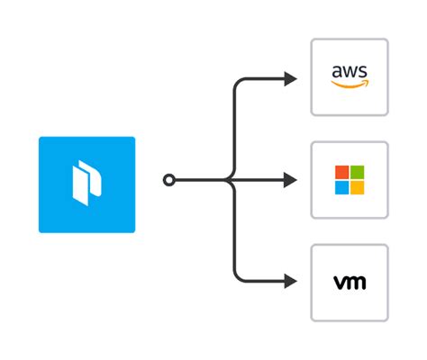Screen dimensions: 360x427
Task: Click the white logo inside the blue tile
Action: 86,184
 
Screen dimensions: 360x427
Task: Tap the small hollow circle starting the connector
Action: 168,180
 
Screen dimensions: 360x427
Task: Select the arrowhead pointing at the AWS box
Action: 290,78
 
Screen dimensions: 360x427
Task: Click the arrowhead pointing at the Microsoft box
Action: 290,180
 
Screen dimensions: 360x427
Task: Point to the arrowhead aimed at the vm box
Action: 290,282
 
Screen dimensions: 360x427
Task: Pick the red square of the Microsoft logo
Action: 342,172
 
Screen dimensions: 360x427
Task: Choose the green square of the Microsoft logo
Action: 357,172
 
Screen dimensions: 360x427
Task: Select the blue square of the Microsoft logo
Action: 342,187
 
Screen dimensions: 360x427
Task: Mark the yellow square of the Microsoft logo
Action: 357,187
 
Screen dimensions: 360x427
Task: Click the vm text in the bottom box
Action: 350,283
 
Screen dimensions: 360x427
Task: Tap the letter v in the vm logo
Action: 340,283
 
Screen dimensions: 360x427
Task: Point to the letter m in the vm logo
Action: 356,283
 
